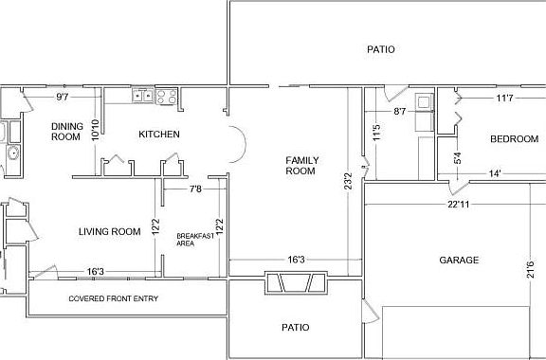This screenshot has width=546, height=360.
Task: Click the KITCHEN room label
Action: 159,134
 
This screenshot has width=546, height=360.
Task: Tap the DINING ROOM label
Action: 67,132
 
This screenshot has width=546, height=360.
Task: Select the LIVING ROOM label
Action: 110,231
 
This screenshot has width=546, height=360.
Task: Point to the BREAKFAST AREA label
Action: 195,240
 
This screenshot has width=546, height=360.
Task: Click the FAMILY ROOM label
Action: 302,166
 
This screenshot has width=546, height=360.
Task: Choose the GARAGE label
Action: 459,261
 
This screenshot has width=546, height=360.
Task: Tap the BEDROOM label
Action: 515,139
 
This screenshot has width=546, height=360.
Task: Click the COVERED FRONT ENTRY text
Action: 114,298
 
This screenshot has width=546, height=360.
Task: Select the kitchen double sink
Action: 143,96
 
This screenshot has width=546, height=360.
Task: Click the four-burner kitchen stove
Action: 167,97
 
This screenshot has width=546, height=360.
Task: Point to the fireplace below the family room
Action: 296,282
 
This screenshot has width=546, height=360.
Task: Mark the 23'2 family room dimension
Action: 348,181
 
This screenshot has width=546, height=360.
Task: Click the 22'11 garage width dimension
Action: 458,205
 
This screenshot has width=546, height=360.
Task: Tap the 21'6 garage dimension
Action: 530,269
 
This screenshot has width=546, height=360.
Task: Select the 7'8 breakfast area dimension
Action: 195,189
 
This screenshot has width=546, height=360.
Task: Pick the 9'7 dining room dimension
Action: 63,97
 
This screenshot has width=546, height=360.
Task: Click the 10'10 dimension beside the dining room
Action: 95,130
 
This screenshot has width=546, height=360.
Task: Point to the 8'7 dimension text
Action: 400,112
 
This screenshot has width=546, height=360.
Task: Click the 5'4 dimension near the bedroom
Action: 458,158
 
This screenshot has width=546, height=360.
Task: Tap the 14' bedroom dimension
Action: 495,173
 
